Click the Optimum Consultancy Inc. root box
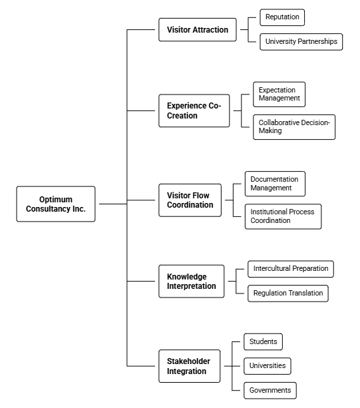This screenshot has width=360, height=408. [x=56, y=204]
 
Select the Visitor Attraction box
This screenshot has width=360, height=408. [x=198, y=30]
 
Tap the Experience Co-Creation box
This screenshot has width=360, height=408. [x=194, y=111]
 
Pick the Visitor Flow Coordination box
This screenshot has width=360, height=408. [x=190, y=200]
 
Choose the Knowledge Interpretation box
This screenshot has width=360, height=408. [x=191, y=282]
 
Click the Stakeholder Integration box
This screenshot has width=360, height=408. [x=190, y=366]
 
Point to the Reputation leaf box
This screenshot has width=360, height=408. [x=282, y=17]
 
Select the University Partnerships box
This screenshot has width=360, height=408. [x=301, y=42]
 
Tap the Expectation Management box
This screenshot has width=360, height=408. [x=279, y=95]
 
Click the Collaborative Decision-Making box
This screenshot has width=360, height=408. [x=294, y=127]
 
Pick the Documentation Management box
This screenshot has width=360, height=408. [x=275, y=184]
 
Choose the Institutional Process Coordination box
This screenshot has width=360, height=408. [x=283, y=216]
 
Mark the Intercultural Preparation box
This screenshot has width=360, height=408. [x=291, y=269]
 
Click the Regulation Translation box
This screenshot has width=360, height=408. [x=288, y=294]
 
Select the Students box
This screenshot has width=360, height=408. [x=263, y=341]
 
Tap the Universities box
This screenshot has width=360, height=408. [x=268, y=366]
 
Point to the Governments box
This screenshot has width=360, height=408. [x=270, y=390]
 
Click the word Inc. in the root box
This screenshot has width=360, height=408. [x=79, y=209]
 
